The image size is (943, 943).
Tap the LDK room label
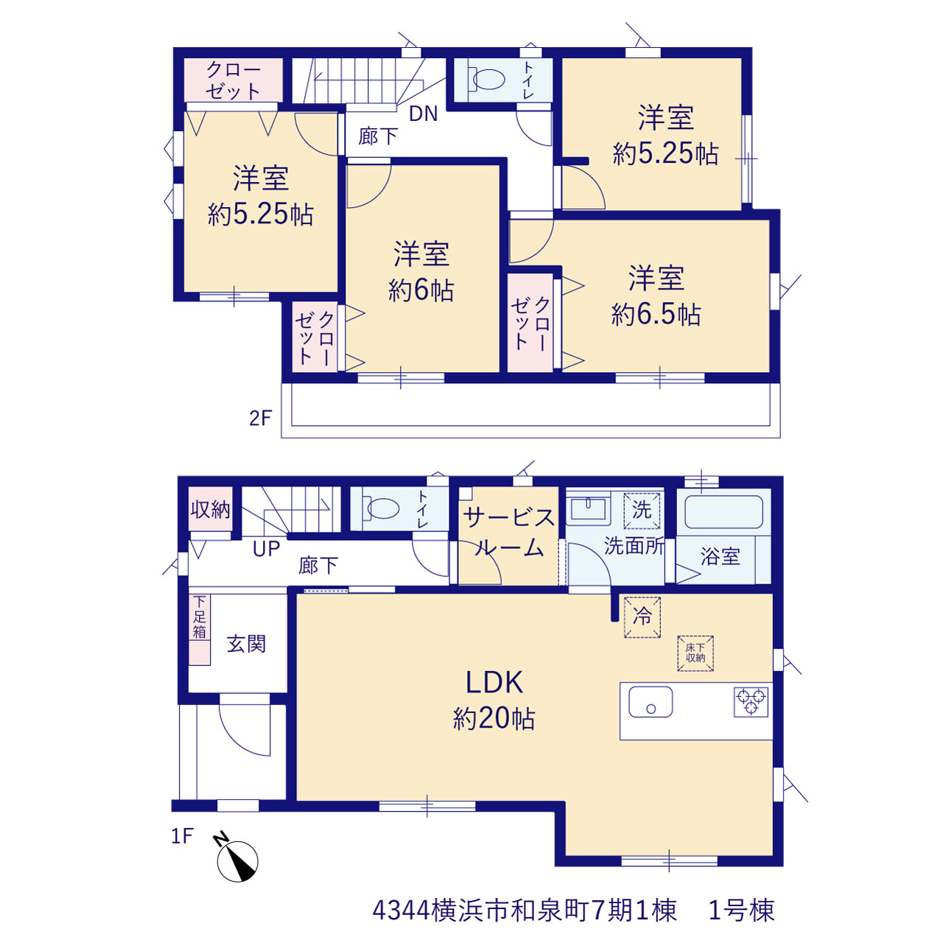494,682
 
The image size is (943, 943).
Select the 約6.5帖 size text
656,314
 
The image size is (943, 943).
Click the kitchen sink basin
651,702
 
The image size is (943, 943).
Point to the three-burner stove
751,702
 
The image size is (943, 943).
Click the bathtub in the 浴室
723,512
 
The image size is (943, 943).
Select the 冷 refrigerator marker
642,617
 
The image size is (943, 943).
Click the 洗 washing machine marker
642,511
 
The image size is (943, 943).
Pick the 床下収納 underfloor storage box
695,653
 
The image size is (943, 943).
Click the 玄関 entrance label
246,644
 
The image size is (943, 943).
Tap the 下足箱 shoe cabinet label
199,617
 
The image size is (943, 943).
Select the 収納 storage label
211,510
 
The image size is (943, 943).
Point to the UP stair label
266,549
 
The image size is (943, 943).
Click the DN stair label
424,113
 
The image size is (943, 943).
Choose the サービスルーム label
509,533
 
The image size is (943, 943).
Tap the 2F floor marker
260,418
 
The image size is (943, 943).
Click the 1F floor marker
182,836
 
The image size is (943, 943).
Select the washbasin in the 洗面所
588,510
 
